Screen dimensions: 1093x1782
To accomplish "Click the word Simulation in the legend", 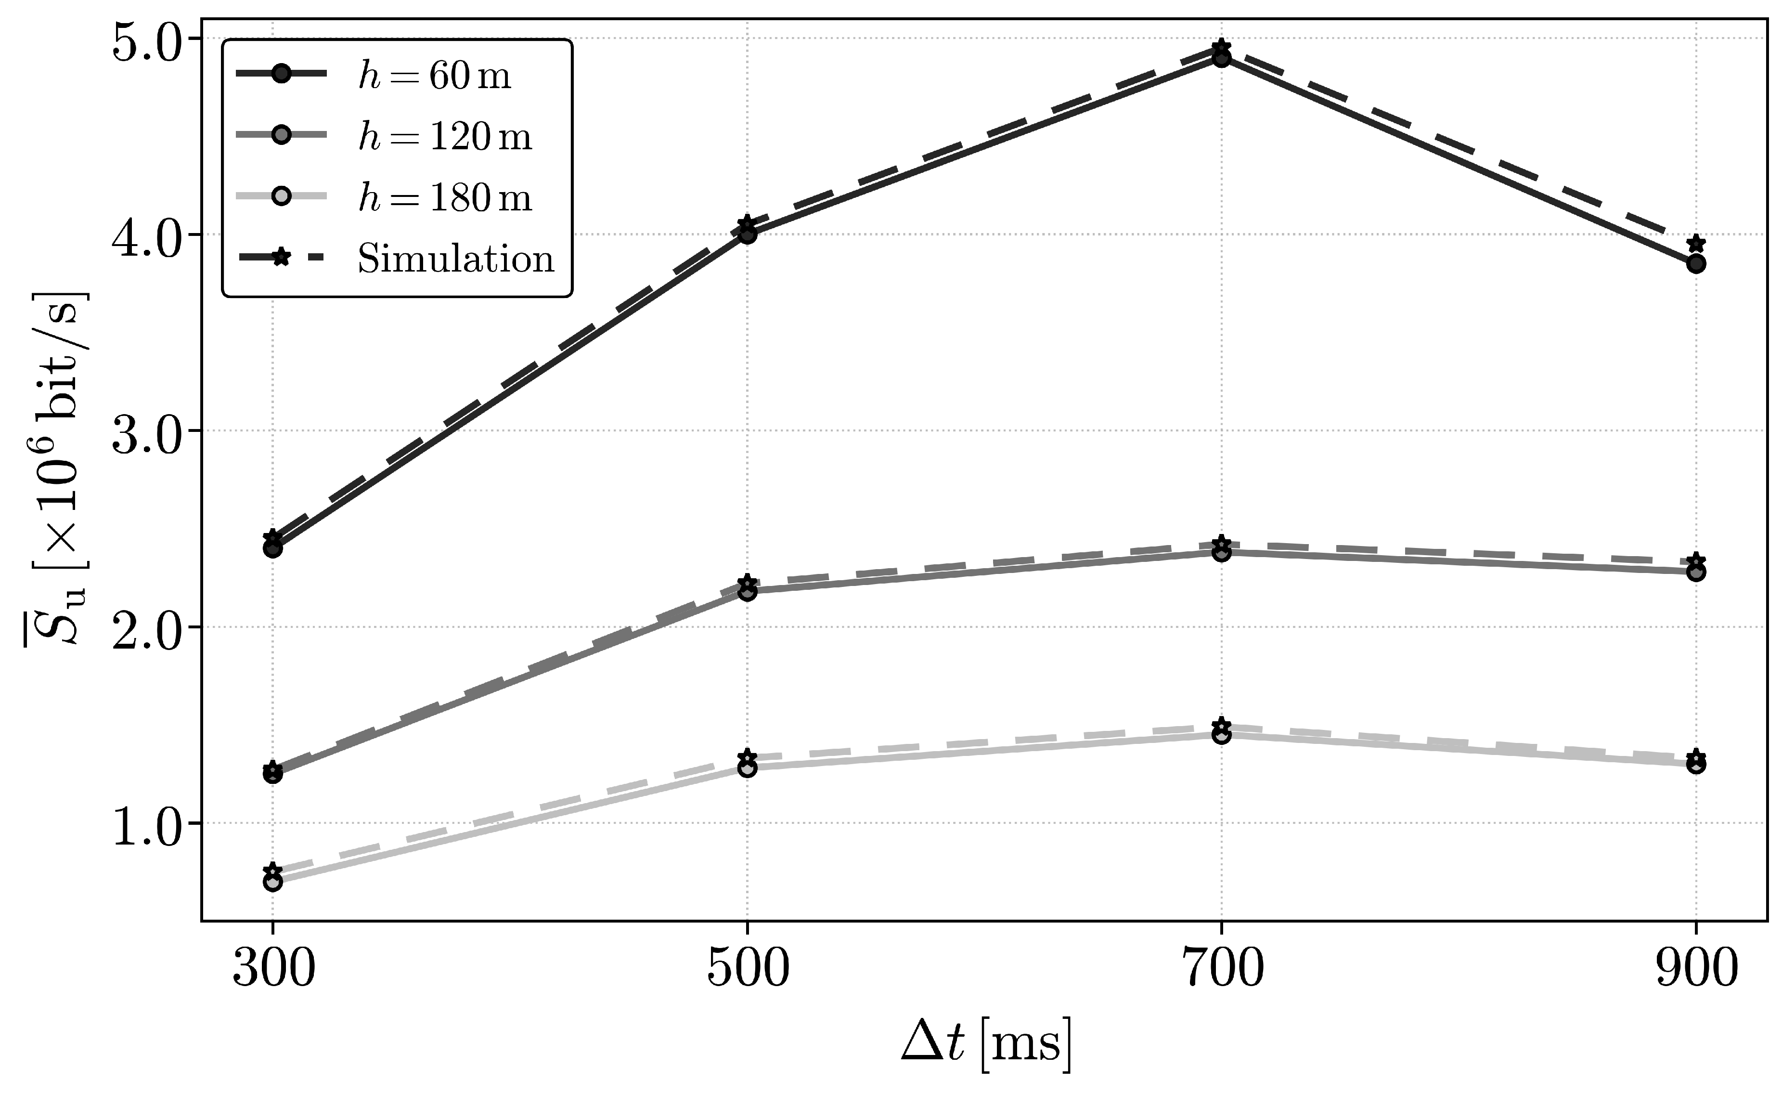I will click(x=456, y=258).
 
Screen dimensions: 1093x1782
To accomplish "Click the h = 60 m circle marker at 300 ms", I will click(x=272, y=548).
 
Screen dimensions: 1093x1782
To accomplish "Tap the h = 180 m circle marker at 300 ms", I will click(x=272, y=882).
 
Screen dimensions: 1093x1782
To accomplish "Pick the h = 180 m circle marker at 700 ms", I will click(x=1222, y=735).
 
